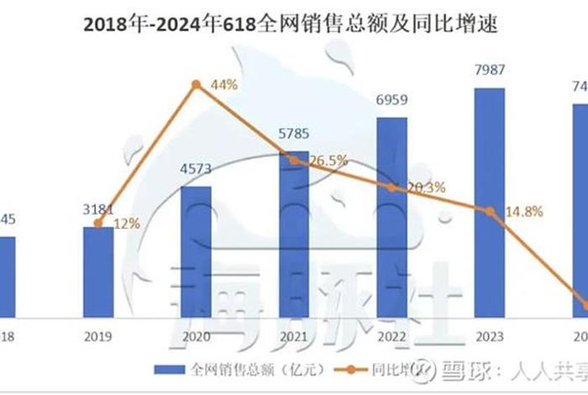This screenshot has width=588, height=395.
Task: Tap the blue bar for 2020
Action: pyautogui.click(x=196, y=251)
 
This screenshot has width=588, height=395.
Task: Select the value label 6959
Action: pyautogui.click(x=392, y=99)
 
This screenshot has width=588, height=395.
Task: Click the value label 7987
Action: pyautogui.click(x=490, y=70)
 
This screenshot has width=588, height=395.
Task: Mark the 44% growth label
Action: pyautogui.click(x=224, y=84)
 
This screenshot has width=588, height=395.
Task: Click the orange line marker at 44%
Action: pyautogui.click(x=196, y=84)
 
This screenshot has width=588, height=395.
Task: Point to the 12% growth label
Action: pyautogui.click(x=126, y=224)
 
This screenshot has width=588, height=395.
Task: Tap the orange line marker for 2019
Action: pyautogui.click(x=98, y=224)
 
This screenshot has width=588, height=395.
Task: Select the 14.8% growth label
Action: pyautogui.click(x=526, y=211)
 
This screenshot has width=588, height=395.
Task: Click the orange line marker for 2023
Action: pyautogui.click(x=490, y=211)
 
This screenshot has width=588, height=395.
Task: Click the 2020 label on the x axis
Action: pyautogui.click(x=196, y=334)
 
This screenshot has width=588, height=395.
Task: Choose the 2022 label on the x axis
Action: pyautogui.click(x=392, y=334)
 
